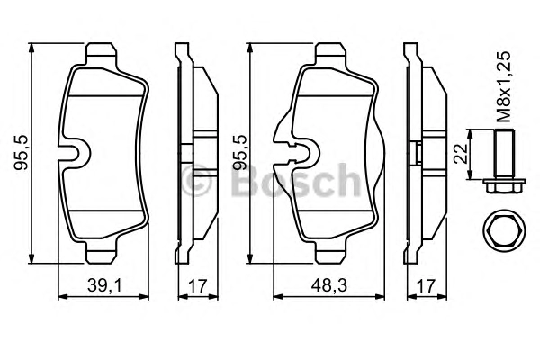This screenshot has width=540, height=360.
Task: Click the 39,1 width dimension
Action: click(104, 285)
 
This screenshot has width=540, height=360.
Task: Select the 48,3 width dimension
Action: click(328, 285)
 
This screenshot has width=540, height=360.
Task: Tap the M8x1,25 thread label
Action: click(502, 86)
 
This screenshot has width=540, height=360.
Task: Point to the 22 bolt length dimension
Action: click(461, 154)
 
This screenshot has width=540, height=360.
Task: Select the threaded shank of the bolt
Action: click(504, 154)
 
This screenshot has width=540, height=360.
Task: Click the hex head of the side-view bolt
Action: click(504, 186)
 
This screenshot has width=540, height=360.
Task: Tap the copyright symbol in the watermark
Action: click(196, 181)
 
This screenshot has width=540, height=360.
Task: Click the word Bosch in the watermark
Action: click(295, 181)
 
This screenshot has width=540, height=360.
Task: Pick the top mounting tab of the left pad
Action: click(101, 54)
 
